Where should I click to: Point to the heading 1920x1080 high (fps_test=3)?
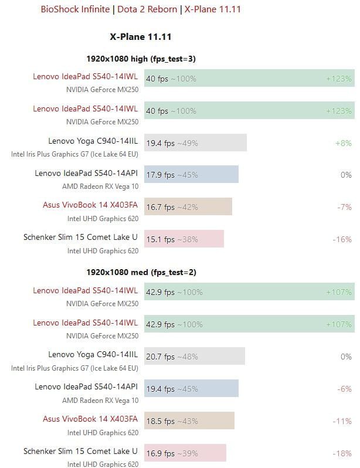141,59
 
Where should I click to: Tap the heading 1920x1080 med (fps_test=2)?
141,272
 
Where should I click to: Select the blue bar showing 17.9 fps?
191,174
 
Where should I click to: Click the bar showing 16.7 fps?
188,206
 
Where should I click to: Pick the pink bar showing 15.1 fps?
184,239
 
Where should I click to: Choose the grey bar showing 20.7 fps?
194,356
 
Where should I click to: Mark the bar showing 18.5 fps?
189,420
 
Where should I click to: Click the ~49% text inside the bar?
188,143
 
